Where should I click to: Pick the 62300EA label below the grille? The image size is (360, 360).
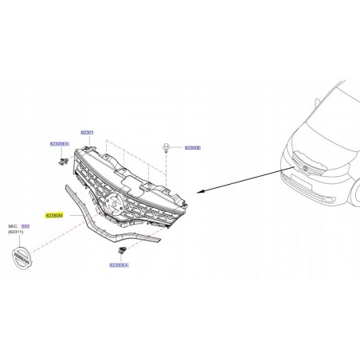tap(119, 264)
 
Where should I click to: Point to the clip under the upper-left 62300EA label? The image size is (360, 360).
tap(61, 161)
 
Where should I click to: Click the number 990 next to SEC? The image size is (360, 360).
tap(47, 226)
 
